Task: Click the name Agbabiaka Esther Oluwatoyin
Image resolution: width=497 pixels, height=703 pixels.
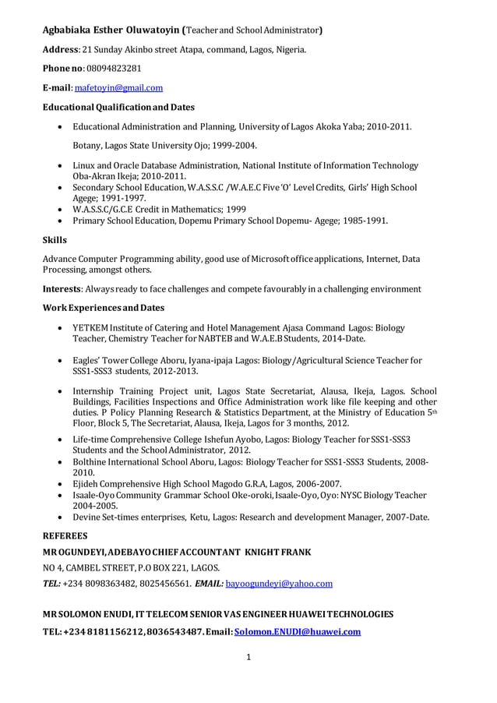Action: coord(110,31)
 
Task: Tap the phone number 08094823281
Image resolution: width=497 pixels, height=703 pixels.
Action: coord(113,69)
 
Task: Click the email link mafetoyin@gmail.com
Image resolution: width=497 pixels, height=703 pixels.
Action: coord(118,88)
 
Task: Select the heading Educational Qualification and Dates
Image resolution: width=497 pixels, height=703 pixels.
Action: coord(118,107)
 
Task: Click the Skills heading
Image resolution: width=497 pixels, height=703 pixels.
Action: coord(55,240)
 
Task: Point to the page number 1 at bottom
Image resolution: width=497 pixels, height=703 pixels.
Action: coord(248,657)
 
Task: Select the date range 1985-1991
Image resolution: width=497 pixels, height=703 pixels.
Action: coord(362,221)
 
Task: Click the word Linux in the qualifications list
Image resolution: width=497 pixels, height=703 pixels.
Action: coord(86,165)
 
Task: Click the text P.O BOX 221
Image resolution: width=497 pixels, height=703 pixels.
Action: coord(163,567)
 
